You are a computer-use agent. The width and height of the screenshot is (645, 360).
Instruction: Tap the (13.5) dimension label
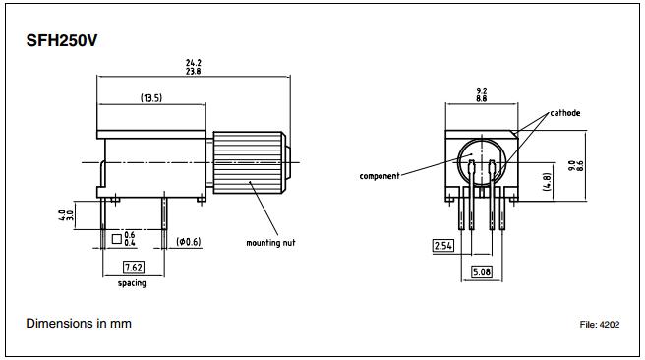coord(152,98)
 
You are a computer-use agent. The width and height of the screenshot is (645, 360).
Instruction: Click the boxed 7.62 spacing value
coord(131,268)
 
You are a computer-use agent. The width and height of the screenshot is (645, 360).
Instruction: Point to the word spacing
coord(131,283)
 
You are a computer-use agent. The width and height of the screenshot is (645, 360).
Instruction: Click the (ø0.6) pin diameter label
coord(190,241)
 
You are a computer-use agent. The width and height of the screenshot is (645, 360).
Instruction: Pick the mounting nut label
coord(270,242)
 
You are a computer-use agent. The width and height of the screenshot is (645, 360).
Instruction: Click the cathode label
coord(564,113)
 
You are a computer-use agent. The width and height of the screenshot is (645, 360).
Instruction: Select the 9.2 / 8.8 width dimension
coord(480,95)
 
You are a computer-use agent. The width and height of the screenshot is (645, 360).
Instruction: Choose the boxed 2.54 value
coord(444,246)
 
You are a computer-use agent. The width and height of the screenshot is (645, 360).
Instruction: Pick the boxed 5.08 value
coord(481,271)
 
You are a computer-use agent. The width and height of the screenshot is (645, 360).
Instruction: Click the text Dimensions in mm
coord(79,324)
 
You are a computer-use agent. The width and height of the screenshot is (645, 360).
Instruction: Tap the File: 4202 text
coord(601,325)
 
